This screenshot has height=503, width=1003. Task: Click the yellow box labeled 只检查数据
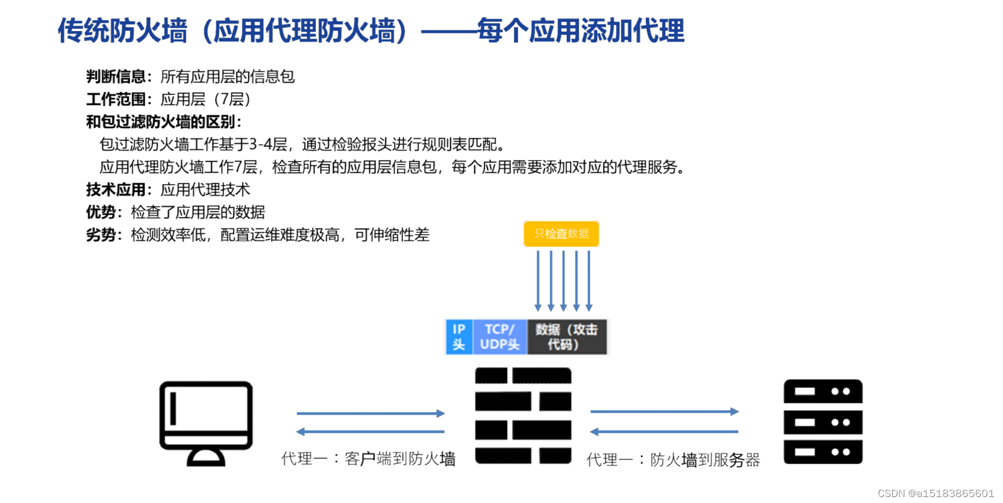[x=561, y=234]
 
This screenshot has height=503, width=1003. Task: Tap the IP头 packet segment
[x=459, y=337]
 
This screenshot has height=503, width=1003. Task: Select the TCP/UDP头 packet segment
[x=499, y=337]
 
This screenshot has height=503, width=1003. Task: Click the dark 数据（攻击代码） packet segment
[x=566, y=337]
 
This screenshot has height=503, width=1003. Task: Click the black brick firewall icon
[x=523, y=415]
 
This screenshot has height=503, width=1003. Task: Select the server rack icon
[x=822, y=421]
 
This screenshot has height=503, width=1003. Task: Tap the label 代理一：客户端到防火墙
[x=368, y=459]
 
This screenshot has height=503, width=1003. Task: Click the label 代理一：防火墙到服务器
[x=673, y=460]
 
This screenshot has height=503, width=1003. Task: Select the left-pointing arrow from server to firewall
[x=664, y=431]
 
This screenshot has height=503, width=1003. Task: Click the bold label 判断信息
[x=116, y=77]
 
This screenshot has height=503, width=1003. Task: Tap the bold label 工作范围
[x=116, y=100]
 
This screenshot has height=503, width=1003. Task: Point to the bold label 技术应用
[x=116, y=190]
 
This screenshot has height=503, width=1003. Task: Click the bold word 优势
[x=101, y=213]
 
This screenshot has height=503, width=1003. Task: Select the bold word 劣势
[x=101, y=235]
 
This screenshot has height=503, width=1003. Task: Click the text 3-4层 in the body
[x=268, y=145]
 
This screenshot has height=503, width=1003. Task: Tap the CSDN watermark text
[x=936, y=493]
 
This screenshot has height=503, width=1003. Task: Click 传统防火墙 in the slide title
[x=122, y=31]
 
